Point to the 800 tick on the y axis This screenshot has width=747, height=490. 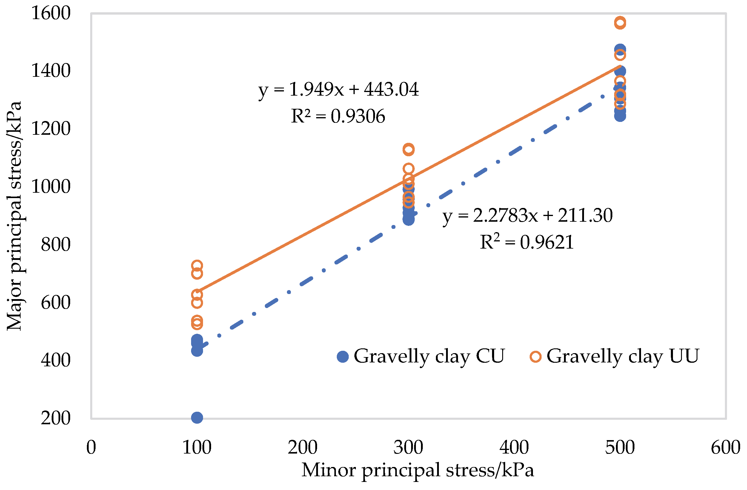pyautogui.click(x=56, y=245)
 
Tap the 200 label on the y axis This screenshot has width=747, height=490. pyautogui.click(x=56, y=418)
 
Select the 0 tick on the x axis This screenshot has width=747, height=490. pyautogui.click(x=91, y=447)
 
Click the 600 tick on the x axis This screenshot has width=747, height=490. pyautogui.click(x=725, y=447)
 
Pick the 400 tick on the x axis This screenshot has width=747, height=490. pyautogui.click(x=514, y=447)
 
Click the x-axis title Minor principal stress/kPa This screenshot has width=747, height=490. pyautogui.click(x=417, y=470)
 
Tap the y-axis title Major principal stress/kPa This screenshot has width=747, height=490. pyautogui.click(x=14, y=216)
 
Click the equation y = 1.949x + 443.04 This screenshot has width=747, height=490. pyautogui.click(x=338, y=90)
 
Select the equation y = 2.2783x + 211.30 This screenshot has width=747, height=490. pyautogui.click(x=527, y=216)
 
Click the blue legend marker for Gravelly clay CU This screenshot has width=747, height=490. pyautogui.click(x=343, y=357)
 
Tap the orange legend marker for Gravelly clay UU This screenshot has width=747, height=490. pyautogui.click(x=535, y=357)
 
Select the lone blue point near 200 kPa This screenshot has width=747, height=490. pyautogui.click(x=197, y=418)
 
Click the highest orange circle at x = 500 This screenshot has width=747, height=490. pyautogui.click(x=620, y=23)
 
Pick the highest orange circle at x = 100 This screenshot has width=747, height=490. pyautogui.click(x=197, y=266)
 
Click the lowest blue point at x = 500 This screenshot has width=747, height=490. pyautogui.click(x=620, y=116)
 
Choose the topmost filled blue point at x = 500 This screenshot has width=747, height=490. pyautogui.click(x=620, y=49)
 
